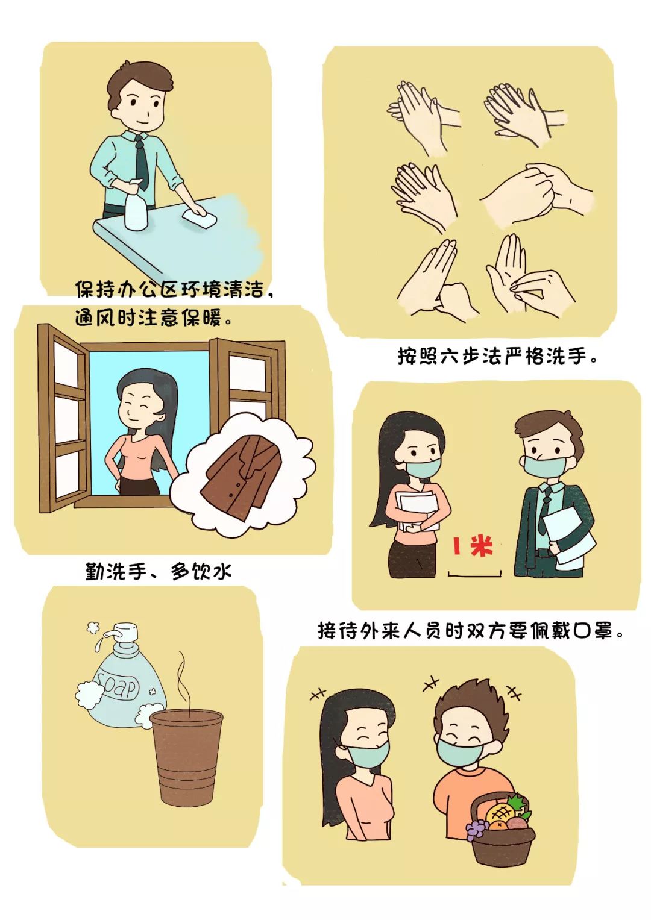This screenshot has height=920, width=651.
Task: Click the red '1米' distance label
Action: (x=473, y=546)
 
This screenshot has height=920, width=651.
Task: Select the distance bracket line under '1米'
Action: (x=474, y=575)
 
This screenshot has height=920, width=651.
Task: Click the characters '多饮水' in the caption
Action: (x=201, y=571)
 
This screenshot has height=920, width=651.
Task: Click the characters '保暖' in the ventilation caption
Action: (x=202, y=318)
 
